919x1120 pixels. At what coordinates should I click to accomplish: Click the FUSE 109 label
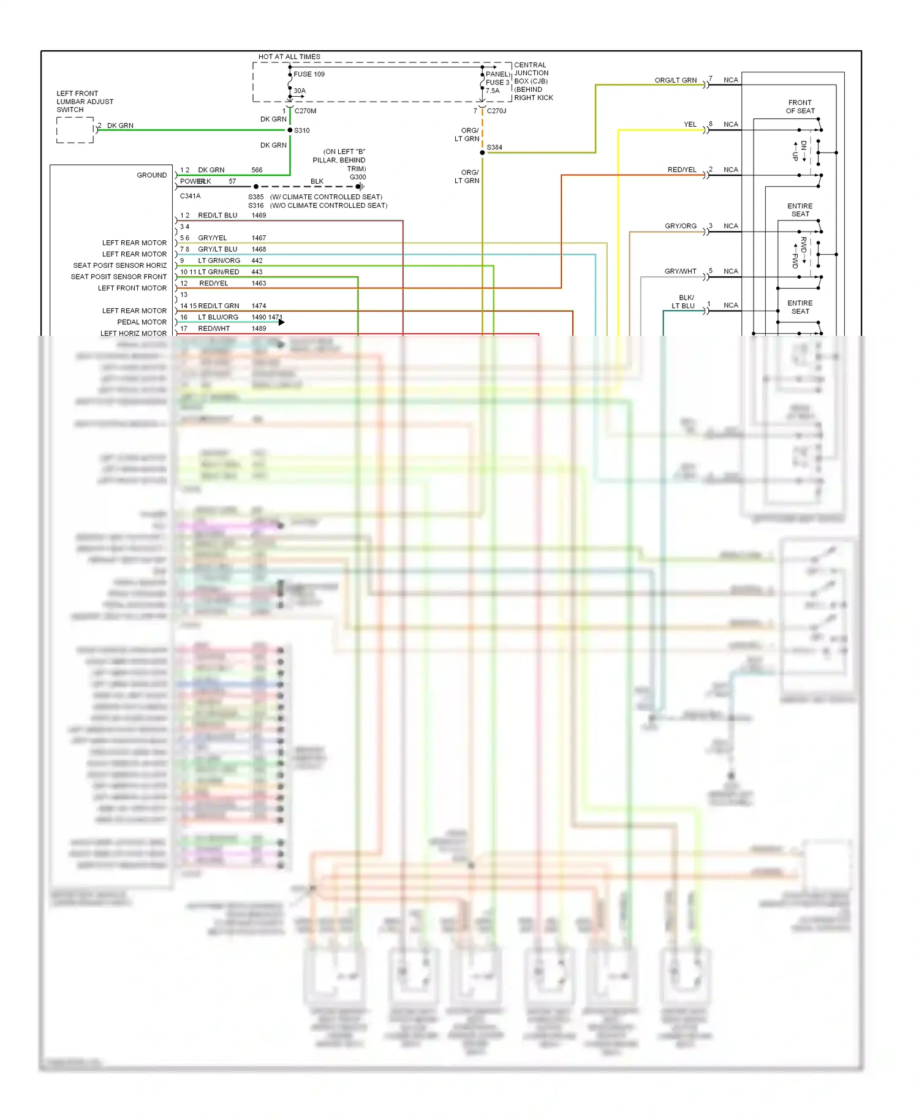click(x=309, y=74)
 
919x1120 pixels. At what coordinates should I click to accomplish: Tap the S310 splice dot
click(x=290, y=130)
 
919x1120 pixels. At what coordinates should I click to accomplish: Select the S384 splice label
click(x=494, y=147)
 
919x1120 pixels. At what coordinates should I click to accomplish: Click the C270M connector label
click(x=305, y=111)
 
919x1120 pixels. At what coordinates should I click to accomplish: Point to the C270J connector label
click(x=496, y=111)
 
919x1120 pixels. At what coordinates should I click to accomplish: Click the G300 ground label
click(x=358, y=177)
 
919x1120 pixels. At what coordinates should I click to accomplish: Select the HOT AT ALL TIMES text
click(x=289, y=56)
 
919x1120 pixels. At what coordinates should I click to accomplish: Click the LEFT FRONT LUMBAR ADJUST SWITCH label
click(x=85, y=102)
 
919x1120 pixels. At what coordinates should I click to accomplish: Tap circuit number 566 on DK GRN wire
click(x=257, y=170)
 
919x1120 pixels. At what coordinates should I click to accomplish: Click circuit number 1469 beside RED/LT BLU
click(x=259, y=215)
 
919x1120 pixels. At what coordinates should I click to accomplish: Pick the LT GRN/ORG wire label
click(x=219, y=260)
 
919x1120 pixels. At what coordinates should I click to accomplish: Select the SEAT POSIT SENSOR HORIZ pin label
click(x=119, y=265)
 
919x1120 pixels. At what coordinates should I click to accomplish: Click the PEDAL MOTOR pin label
click(x=142, y=322)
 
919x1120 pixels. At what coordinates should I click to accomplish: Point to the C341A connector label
click(x=190, y=196)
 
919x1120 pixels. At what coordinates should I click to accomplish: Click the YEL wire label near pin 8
click(x=690, y=124)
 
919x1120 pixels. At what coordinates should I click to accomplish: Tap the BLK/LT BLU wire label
click(x=683, y=301)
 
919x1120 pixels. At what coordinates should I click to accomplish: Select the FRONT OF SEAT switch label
click(x=800, y=107)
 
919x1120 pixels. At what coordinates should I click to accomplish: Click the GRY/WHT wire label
click(x=680, y=271)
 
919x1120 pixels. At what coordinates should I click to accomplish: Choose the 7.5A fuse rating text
click(x=493, y=91)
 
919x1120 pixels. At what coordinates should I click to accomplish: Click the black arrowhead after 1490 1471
click(x=282, y=322)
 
